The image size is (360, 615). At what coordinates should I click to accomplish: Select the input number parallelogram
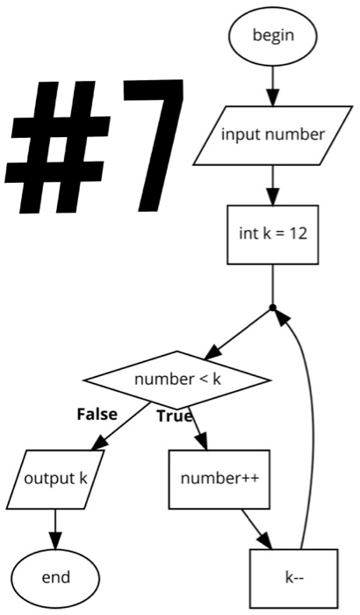coord(272,134)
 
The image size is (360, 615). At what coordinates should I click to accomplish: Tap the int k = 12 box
coord(272,234)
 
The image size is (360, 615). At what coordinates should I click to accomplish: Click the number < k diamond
coord(176,380)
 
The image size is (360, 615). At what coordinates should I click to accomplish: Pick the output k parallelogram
coord(55,479)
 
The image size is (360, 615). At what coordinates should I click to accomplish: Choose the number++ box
coord(212,479)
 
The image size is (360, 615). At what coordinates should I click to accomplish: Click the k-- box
coord(293,577)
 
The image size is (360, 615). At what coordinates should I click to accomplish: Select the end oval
coord(55,577)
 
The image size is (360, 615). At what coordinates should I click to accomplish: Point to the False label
coord(97,414)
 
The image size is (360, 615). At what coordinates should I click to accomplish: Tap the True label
coord(174,416)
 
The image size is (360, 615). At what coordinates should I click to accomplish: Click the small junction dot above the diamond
coord(273,307)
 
